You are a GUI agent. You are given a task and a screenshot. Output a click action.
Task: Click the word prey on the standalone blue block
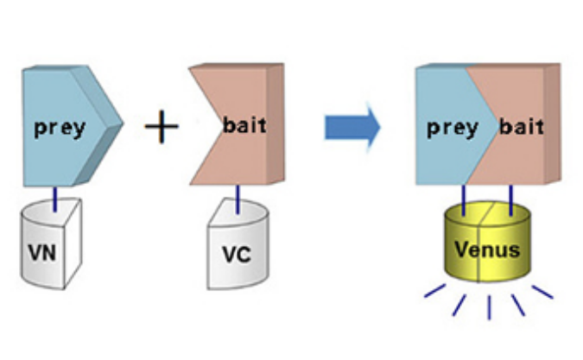pyautogui.click(x=60, y=128)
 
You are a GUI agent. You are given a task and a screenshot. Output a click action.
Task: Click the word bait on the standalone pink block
pyautogui.click(x=244, y=126)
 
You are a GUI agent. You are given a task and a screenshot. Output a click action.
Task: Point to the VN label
pyautogui.click(x=44, y=256)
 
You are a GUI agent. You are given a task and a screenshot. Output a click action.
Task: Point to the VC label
pyautogui.click(x=234, y=257)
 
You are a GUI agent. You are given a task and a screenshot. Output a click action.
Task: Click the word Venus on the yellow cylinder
pyautogui.click(x=490, y=250)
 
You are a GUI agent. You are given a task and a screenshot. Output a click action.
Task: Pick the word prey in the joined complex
pyautogui.click(x=453, y=127)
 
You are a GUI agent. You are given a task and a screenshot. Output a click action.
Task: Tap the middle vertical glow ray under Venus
pyautogui.click(x=489, y=307)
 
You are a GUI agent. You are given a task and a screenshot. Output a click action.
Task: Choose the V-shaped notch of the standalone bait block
pyautogui.click(x=212, y=127)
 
